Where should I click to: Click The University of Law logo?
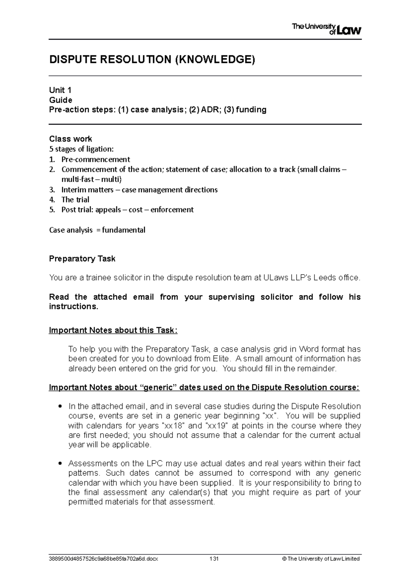pyautogui.click(x=326, y=29)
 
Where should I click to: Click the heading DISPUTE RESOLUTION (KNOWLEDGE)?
pyautogui.click(x=152, y=60)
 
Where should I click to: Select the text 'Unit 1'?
pyautogui.click(x=60, y=90)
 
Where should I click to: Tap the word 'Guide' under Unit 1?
pyautogui.click(x=60, y=100)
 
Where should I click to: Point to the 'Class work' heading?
pyautogui.click(x=70, y=139)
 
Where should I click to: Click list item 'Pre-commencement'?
pyautogui.click(x=96, y=159)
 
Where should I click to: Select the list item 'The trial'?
pyautogui.click(x=75, y=200)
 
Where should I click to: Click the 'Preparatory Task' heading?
pyautogui.click(x=82, y=259)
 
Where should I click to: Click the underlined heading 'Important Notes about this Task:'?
pyautogui.click(x=113, y=331)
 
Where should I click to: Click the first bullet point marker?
pyautogui.click(x=60, y=406)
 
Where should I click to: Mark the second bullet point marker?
pyautogui.click(x=60, y=464)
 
